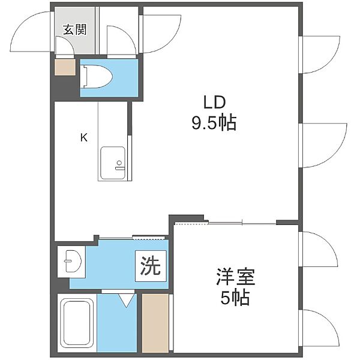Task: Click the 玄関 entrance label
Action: (75, 29)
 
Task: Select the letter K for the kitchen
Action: (84, 138)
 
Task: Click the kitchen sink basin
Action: (113, 163)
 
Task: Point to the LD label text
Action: (215, 103)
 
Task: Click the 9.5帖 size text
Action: (214, 122)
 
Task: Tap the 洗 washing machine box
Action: (151, 266)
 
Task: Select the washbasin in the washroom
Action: (73, 261)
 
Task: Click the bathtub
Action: (77, 325)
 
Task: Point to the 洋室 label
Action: (235, 277)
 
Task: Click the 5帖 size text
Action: (235, 298)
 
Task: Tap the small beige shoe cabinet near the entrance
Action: (65, 67)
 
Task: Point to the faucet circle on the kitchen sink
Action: (119, 163)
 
